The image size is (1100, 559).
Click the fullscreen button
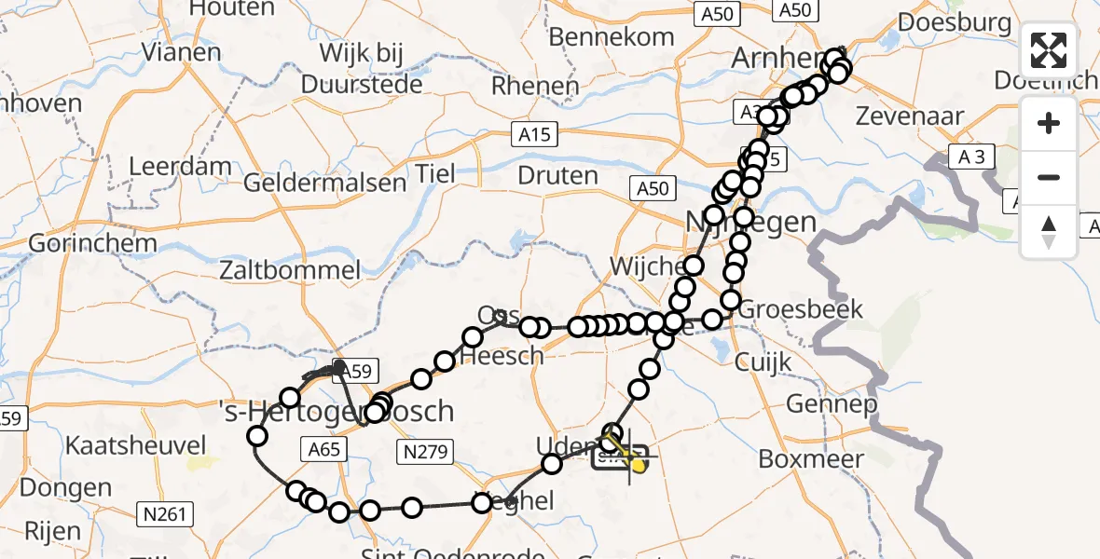1049,50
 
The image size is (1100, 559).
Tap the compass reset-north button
1049,232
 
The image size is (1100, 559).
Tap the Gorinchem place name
78,243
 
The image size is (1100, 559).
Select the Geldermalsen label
324,182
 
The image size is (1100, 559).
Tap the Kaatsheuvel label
127,444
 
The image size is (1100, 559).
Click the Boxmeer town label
811,458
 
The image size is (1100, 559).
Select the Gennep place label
832,403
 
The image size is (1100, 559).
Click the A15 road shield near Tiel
535,135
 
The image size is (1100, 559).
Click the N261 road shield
164,513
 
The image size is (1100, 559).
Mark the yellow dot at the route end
639,464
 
